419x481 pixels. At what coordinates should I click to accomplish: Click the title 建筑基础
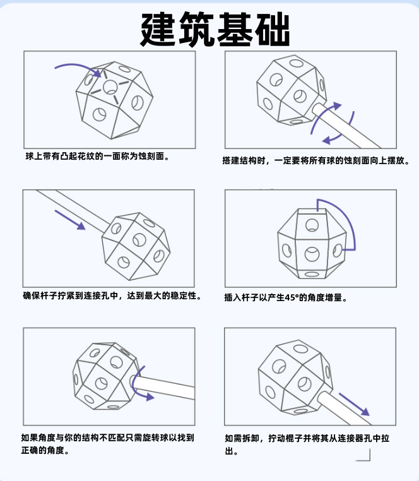point(215,29)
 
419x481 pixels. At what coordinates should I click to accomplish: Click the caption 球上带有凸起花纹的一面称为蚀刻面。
point(97,157)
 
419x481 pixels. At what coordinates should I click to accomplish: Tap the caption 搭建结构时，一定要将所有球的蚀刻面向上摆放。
point(316,160)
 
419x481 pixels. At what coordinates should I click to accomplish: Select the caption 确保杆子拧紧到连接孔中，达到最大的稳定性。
point(112,295)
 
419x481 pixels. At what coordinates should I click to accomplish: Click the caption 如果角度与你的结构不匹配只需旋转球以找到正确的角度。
point(108,444)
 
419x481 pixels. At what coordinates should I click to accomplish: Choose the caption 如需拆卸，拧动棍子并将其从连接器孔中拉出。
point(307,444)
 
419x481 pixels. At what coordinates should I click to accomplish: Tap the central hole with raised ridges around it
point(110,87)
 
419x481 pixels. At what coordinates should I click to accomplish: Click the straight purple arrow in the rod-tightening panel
point(70,220)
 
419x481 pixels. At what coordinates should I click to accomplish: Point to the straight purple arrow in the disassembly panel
point(354,405)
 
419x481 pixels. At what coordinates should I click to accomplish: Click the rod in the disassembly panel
point(343,408)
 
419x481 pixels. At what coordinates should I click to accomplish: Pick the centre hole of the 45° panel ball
point(312,254)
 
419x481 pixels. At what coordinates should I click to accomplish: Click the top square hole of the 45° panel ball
point(312,225)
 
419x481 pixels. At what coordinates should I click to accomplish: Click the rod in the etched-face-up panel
point(346,126)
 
